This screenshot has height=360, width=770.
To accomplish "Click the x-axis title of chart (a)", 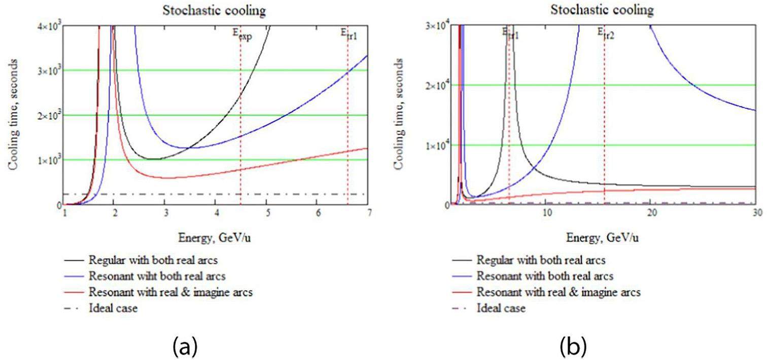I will [x=214, y=237].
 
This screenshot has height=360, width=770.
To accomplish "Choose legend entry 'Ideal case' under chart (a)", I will [x=113, y=308].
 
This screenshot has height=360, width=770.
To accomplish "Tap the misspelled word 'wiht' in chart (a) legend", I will [x=133, y=276].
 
